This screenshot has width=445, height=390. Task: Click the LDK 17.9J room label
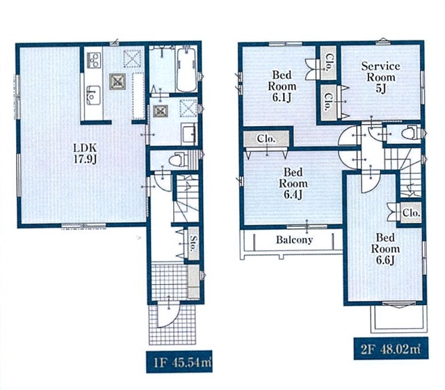(x=86, y=153)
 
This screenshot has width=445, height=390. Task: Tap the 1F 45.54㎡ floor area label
(x=179, y=362)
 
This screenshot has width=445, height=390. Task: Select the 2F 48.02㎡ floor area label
(x=391, y=348)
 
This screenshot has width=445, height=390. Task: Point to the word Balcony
(x=294, y=240)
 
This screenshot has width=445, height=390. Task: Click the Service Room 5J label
(x=380, y=77)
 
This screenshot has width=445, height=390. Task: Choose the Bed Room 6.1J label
(x=282, y=86)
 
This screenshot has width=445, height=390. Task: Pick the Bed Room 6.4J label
(x=293, y=183)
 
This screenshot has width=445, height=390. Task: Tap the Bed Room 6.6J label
(x=385, y=249)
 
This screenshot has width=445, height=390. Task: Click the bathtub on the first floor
(x=186, y=70)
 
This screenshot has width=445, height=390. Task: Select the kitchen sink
(x=92, y=95)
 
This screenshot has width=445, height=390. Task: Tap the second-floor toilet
(x=411, y=133)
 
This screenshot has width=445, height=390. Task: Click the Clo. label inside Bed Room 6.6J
(x=411, y=212)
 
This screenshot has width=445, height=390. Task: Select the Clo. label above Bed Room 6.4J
(x=266, y=139)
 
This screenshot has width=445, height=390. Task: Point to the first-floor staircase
(x=186, y=198)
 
